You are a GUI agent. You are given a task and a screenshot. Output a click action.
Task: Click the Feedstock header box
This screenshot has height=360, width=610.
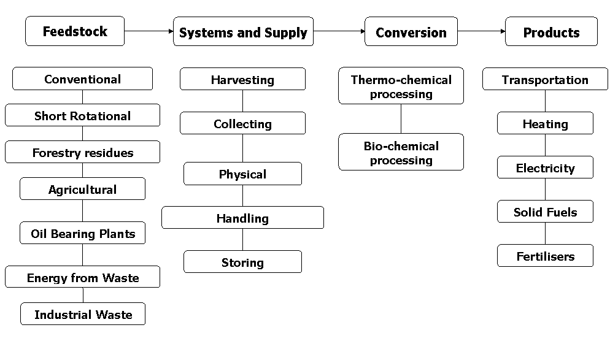click(75, 31)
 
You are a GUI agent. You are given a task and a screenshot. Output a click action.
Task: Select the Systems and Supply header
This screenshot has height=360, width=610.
click(243, 33)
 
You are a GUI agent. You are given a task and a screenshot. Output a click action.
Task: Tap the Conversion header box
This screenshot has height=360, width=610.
click(411, 33)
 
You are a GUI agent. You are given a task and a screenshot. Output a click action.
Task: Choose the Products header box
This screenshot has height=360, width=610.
click(551, 33)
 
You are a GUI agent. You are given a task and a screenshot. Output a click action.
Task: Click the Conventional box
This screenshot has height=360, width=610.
click(82, 79)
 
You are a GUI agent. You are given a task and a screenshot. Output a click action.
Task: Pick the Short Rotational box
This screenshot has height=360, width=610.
click(82, 116)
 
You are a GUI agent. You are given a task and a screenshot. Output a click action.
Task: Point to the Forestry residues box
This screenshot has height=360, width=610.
click(82, 153)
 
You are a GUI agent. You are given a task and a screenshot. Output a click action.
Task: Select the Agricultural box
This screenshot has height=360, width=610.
click(82, 190)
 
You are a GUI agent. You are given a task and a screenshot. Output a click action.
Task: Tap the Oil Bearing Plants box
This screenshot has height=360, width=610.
click(82, 234)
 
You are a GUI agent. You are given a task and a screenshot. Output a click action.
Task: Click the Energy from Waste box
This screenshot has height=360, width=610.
click(82, 278)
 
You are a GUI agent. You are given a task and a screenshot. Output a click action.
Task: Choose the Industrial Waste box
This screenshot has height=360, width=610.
click(83, 315)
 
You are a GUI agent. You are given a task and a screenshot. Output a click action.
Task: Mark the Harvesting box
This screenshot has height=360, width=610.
click(242, 80)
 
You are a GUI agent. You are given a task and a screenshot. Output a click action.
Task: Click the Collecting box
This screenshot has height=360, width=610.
click(242, 124)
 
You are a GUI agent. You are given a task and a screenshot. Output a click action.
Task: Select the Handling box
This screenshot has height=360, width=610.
click(242, 218)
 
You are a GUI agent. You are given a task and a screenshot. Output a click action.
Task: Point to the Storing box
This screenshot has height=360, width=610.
click(242, 262)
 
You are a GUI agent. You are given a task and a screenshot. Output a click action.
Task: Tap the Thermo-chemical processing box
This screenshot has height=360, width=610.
click(401, 86)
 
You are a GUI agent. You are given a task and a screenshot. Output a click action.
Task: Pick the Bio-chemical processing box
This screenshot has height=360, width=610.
click(401, 153)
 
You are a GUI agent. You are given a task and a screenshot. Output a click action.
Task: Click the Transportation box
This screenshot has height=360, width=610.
click(545, 80)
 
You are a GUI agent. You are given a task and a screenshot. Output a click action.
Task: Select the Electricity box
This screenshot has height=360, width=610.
click(545, 168)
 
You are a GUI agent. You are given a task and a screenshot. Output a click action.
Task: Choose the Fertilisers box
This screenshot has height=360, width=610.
click(545, 256)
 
